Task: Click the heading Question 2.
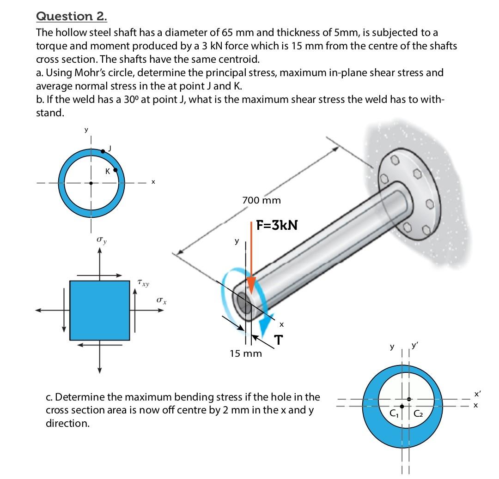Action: [x=72, y=16]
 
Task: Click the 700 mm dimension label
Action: [x=262, y=201]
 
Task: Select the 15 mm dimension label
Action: [x=246, y=354]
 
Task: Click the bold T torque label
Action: [x=279, y=340]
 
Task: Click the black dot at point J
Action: [x=103, y=150]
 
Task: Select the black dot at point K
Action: [x=116, y=169]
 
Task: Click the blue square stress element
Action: [x=100, y=310]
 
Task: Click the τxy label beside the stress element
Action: [x=143, y=281]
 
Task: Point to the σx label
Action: [x=161, y=301]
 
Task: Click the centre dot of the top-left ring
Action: [x=91, y=183]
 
